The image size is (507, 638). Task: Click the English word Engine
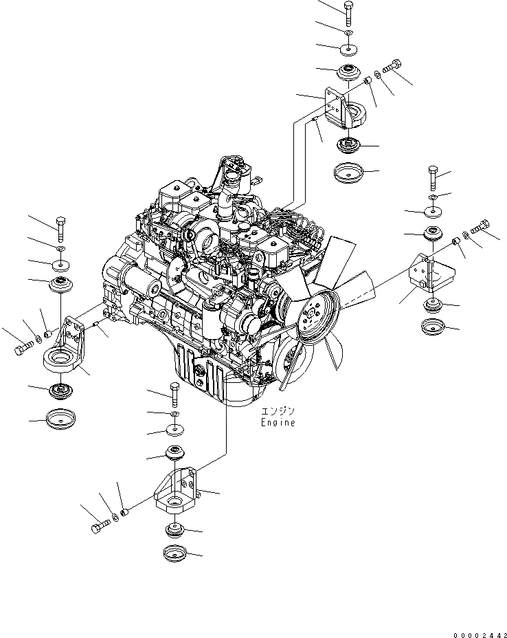pyautogui.click(x=278, y=423)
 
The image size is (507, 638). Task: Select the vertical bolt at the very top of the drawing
pyautogui.click(x=347, y=14)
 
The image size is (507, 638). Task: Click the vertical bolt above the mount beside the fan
pyautogui.click(x=433, y=179)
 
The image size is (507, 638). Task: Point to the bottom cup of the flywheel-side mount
pyautogui.click(x=60, y=418)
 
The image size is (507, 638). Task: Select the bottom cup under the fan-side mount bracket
pyautogui.click(x=435, y=325)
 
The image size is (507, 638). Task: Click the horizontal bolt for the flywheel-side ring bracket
pyautogui.click(x=22, y=350)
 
